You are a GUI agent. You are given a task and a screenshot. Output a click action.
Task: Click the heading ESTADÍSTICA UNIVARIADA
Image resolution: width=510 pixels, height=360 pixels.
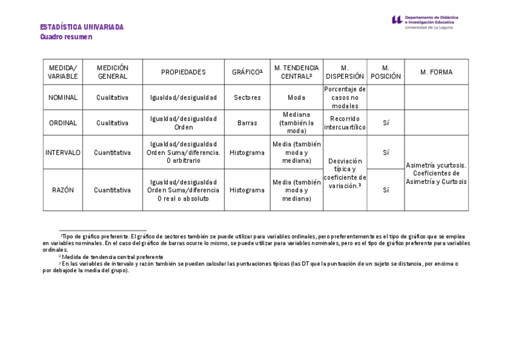point(82,27)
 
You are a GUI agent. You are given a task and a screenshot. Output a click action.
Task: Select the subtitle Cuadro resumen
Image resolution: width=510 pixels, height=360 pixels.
point(66,37)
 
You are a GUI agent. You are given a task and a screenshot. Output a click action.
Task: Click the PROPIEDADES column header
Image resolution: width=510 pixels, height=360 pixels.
point(183,72)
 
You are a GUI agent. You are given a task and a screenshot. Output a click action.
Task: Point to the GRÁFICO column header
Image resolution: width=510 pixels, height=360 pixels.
point(247,72)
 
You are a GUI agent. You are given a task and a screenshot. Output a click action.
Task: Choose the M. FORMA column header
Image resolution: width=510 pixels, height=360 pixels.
point(436,72)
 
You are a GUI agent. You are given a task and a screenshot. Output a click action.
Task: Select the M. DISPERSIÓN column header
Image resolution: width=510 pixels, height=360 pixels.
point(345,72)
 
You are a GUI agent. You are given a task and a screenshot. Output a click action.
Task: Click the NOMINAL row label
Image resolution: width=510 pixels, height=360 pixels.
point(63,97)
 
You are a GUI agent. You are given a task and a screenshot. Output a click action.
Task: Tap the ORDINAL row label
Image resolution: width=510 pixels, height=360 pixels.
point(63,123)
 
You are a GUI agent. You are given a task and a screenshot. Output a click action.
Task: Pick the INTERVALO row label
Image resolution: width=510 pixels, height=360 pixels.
point(63,153)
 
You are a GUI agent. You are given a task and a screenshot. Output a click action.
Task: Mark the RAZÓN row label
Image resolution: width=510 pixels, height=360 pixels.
point(63,190)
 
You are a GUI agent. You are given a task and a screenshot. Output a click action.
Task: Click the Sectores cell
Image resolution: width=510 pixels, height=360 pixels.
point(247,97)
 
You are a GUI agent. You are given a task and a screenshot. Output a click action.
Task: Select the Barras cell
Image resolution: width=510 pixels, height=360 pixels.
point(247,123)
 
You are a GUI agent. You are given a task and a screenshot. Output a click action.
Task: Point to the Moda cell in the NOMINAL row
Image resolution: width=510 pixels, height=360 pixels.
point(296,97)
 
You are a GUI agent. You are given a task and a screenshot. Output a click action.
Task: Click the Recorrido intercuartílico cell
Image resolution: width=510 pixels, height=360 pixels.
point(345,123)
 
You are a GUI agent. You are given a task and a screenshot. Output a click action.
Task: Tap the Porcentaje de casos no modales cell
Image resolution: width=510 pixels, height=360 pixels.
point(345,97)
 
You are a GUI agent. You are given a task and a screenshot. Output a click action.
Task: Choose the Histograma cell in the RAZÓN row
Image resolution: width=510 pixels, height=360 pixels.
point(247,190)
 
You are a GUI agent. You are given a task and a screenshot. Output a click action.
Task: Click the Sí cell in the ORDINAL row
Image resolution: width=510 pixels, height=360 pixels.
point(386,123)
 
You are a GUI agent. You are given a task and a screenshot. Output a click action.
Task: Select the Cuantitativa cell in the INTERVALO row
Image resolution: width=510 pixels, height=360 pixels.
point(112,153)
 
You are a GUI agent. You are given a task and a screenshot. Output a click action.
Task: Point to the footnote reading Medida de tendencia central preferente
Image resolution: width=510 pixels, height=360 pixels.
point(112,257)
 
